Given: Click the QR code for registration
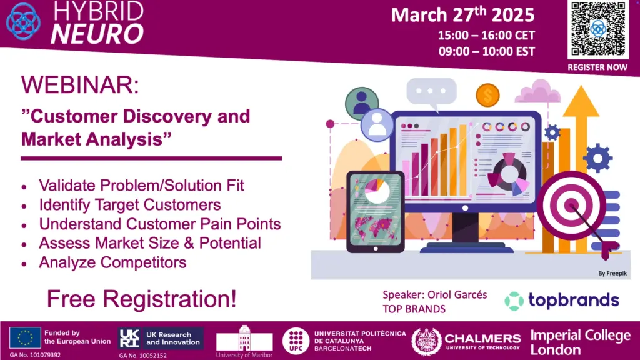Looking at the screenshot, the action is pyautogui.click(x=598, y=29).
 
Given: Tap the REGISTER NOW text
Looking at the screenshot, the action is pyautogui.click(x=597, y=67).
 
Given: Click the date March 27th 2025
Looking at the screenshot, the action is pyautogui.click(x=463, y=15).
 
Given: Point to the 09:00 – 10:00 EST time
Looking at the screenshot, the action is pyautogui.click(x=486, y=51).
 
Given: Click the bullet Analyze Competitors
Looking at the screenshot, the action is pyautogui.click(x=112, y=262).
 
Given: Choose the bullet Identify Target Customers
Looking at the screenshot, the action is pyautogui.click(x=130, y=204).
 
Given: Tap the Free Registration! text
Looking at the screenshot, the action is pyautogui.click(x=142, y=299).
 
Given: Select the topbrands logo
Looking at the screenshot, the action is pyautogui.click(x=562, y=301).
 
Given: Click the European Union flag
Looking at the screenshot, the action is pyautogui.click(x=25, y=338).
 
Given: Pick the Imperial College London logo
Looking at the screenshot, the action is pyautogui.click(x=580, y=342).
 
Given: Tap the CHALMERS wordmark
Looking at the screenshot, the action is pyautogui.click(x=482, y=339).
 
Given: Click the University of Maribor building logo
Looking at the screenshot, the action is pyautogui.click(x=244, y=339).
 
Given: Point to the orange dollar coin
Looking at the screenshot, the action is pyautogui.click(x=487, y=95).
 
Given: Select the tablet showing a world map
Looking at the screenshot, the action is pyautogui.click(x=376, y=212).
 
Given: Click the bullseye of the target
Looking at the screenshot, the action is pyautogui.click(x=571, y=205).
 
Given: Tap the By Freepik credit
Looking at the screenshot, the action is pyautogui.click(x=612, y=274).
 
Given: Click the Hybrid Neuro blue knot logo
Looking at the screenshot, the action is pyautogui.click(x=23, y=21).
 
